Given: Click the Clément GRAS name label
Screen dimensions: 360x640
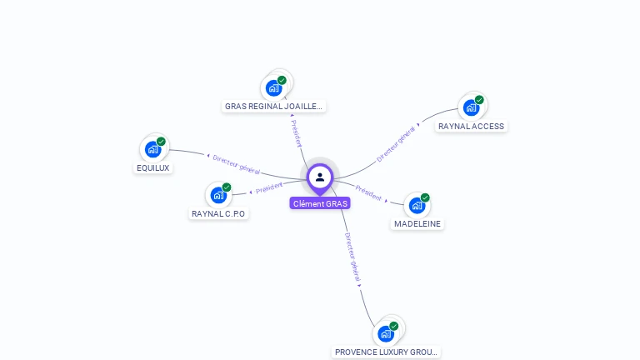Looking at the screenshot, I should point(320,203).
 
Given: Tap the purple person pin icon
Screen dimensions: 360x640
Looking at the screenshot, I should point(320,177).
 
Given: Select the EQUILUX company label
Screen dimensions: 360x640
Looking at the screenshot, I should point(152,167).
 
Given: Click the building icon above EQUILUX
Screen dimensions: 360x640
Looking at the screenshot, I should point(152,149).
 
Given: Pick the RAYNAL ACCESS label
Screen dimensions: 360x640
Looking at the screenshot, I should point(472,126).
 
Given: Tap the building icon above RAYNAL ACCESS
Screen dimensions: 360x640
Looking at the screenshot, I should point(471,107).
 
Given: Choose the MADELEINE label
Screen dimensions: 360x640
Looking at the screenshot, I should point(417,223).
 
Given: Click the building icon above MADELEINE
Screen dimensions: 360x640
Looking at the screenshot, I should point(417,205).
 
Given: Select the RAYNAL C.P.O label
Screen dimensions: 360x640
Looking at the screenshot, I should point(219,213).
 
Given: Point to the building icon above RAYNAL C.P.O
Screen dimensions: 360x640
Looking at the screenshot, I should point(218,195).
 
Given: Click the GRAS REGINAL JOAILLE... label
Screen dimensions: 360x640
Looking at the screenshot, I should point(274,106).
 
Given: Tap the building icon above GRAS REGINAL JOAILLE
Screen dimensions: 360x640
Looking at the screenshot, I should point(273,87).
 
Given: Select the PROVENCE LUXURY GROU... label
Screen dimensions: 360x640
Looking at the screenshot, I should point(386,352).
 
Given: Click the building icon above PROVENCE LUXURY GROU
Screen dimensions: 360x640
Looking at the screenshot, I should point(386,333).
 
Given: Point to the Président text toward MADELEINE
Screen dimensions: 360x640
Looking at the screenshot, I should point(368,192).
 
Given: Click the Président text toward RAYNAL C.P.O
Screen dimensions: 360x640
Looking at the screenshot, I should point(269,187).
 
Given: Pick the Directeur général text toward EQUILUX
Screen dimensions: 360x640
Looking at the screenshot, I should point(236,164).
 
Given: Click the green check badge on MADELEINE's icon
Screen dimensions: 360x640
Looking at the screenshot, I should point(425,197).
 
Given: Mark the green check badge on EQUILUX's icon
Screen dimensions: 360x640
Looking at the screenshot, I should point(161,142).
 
